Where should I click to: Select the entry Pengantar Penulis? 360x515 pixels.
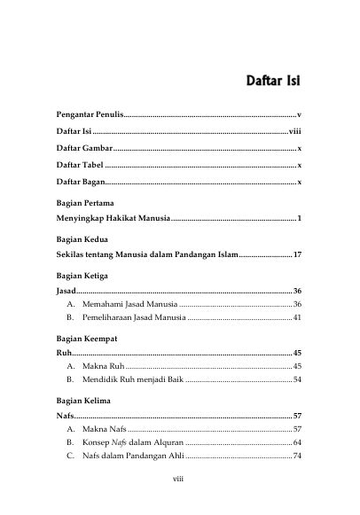(x=90, y=115)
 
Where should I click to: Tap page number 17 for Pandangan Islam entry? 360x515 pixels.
(x=298, y=255)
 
